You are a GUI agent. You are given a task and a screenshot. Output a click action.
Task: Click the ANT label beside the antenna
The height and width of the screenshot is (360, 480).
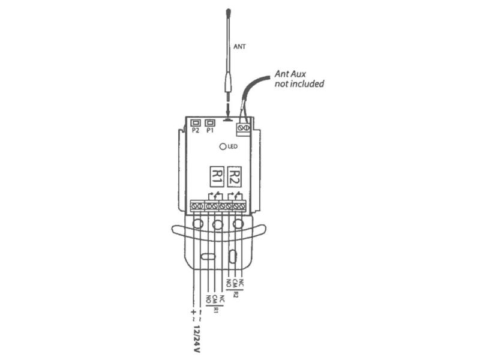(239, 47)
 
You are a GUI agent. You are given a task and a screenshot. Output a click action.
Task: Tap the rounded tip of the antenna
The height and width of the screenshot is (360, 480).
(229, 12)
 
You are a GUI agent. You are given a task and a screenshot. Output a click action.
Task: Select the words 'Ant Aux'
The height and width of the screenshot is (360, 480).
(290, 74)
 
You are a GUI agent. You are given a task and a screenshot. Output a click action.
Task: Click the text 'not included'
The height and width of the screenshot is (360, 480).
(299, 83)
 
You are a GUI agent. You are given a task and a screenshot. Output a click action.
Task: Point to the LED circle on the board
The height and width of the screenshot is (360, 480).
(223, 146)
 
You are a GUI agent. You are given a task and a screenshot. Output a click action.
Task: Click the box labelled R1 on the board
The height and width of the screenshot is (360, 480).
(217, 176)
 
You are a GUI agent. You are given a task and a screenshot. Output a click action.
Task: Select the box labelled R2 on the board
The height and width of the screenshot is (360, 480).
(235, 176)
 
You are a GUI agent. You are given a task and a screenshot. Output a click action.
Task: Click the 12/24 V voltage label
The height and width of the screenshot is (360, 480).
(197, 339)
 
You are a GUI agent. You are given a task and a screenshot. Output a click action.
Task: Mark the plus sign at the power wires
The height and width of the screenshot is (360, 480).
(193, 312)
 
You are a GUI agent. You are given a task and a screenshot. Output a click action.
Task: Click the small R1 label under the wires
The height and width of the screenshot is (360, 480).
(216, 310)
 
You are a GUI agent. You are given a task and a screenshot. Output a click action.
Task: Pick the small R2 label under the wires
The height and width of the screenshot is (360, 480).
(235, 295)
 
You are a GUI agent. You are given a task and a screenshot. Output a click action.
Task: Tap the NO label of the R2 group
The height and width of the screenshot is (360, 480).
(229, 283)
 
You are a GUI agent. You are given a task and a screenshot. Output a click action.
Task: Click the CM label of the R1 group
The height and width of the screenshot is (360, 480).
(215, 299)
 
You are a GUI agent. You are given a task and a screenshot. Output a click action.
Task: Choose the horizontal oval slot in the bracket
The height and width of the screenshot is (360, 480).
(208, 256)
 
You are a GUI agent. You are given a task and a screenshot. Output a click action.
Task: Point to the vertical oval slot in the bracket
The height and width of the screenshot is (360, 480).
(233, 256)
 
